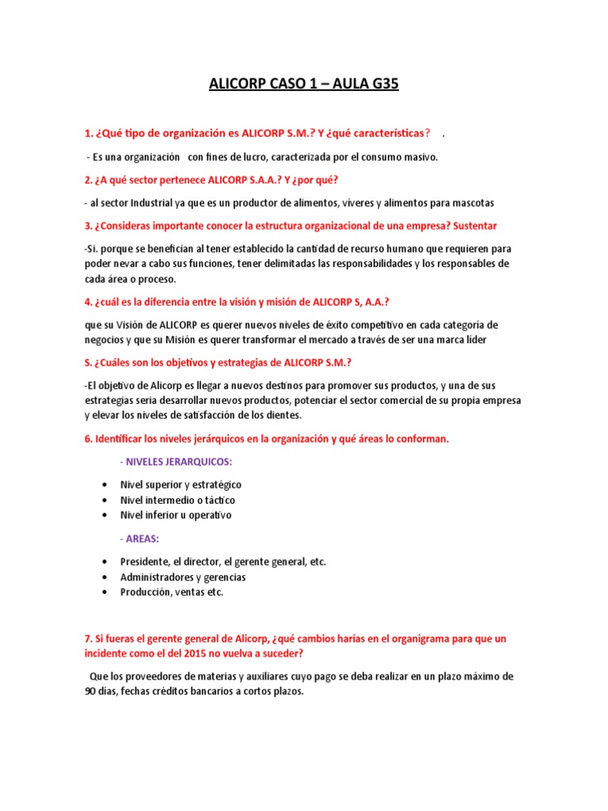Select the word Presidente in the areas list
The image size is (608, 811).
pyautogui.click(x=144, y=562)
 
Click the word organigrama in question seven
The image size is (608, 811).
pyautogui.click(x=399, y=638)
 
